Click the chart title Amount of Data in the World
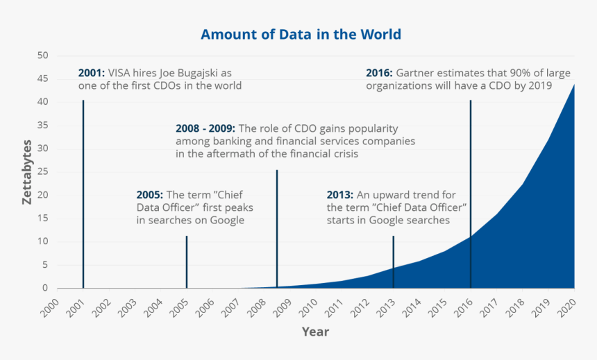pos(301,34)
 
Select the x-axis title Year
pos(315,332)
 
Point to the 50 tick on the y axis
pos(43,55)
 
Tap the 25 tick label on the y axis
pos(43,172)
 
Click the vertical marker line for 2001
pos(83,194)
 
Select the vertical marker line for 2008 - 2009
pos(277,229)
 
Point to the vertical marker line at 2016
pos(471,194)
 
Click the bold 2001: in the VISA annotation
pos(92,73)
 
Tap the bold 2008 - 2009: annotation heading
pos(205,129)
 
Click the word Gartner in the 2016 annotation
pos(417,73)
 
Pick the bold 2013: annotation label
pos(342,195)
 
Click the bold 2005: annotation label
pos(150,195)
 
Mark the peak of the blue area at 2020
pos(574,85)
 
